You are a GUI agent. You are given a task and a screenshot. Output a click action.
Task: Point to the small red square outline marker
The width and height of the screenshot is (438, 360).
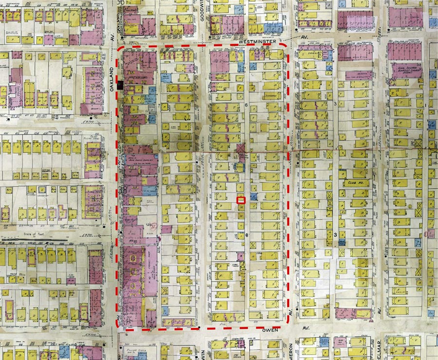[x=240, y=199]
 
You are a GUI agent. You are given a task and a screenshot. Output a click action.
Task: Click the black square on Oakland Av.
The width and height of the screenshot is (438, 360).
[x=119, y=86]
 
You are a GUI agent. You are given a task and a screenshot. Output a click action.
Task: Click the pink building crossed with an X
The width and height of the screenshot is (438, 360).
[x=241, y=148]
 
